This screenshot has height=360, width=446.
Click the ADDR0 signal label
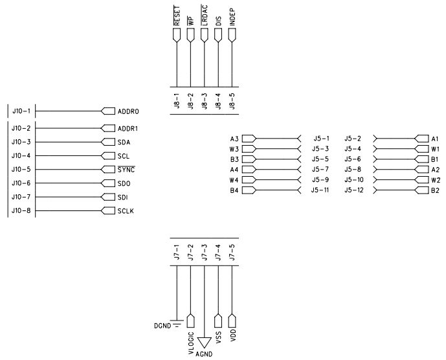(128, 111)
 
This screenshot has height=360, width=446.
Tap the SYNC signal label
(126, 169)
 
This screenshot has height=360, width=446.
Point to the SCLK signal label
(126, 211)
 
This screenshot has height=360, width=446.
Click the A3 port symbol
(249, 139)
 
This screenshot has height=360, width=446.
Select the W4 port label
(234, 179)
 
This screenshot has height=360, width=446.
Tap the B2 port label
(435, 190)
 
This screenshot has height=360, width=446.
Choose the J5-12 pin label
(354, 190)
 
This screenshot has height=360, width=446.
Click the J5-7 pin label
(320, 170)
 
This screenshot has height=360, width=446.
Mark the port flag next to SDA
(108, 142)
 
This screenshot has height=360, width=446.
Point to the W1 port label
(435, 149)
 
